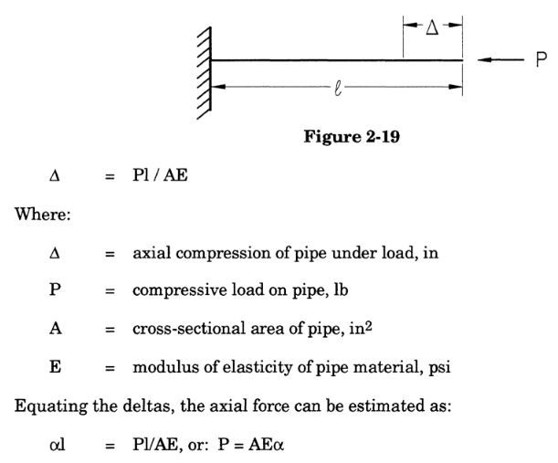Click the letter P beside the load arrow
541,60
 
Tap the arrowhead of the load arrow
482,60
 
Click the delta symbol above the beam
433,28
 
